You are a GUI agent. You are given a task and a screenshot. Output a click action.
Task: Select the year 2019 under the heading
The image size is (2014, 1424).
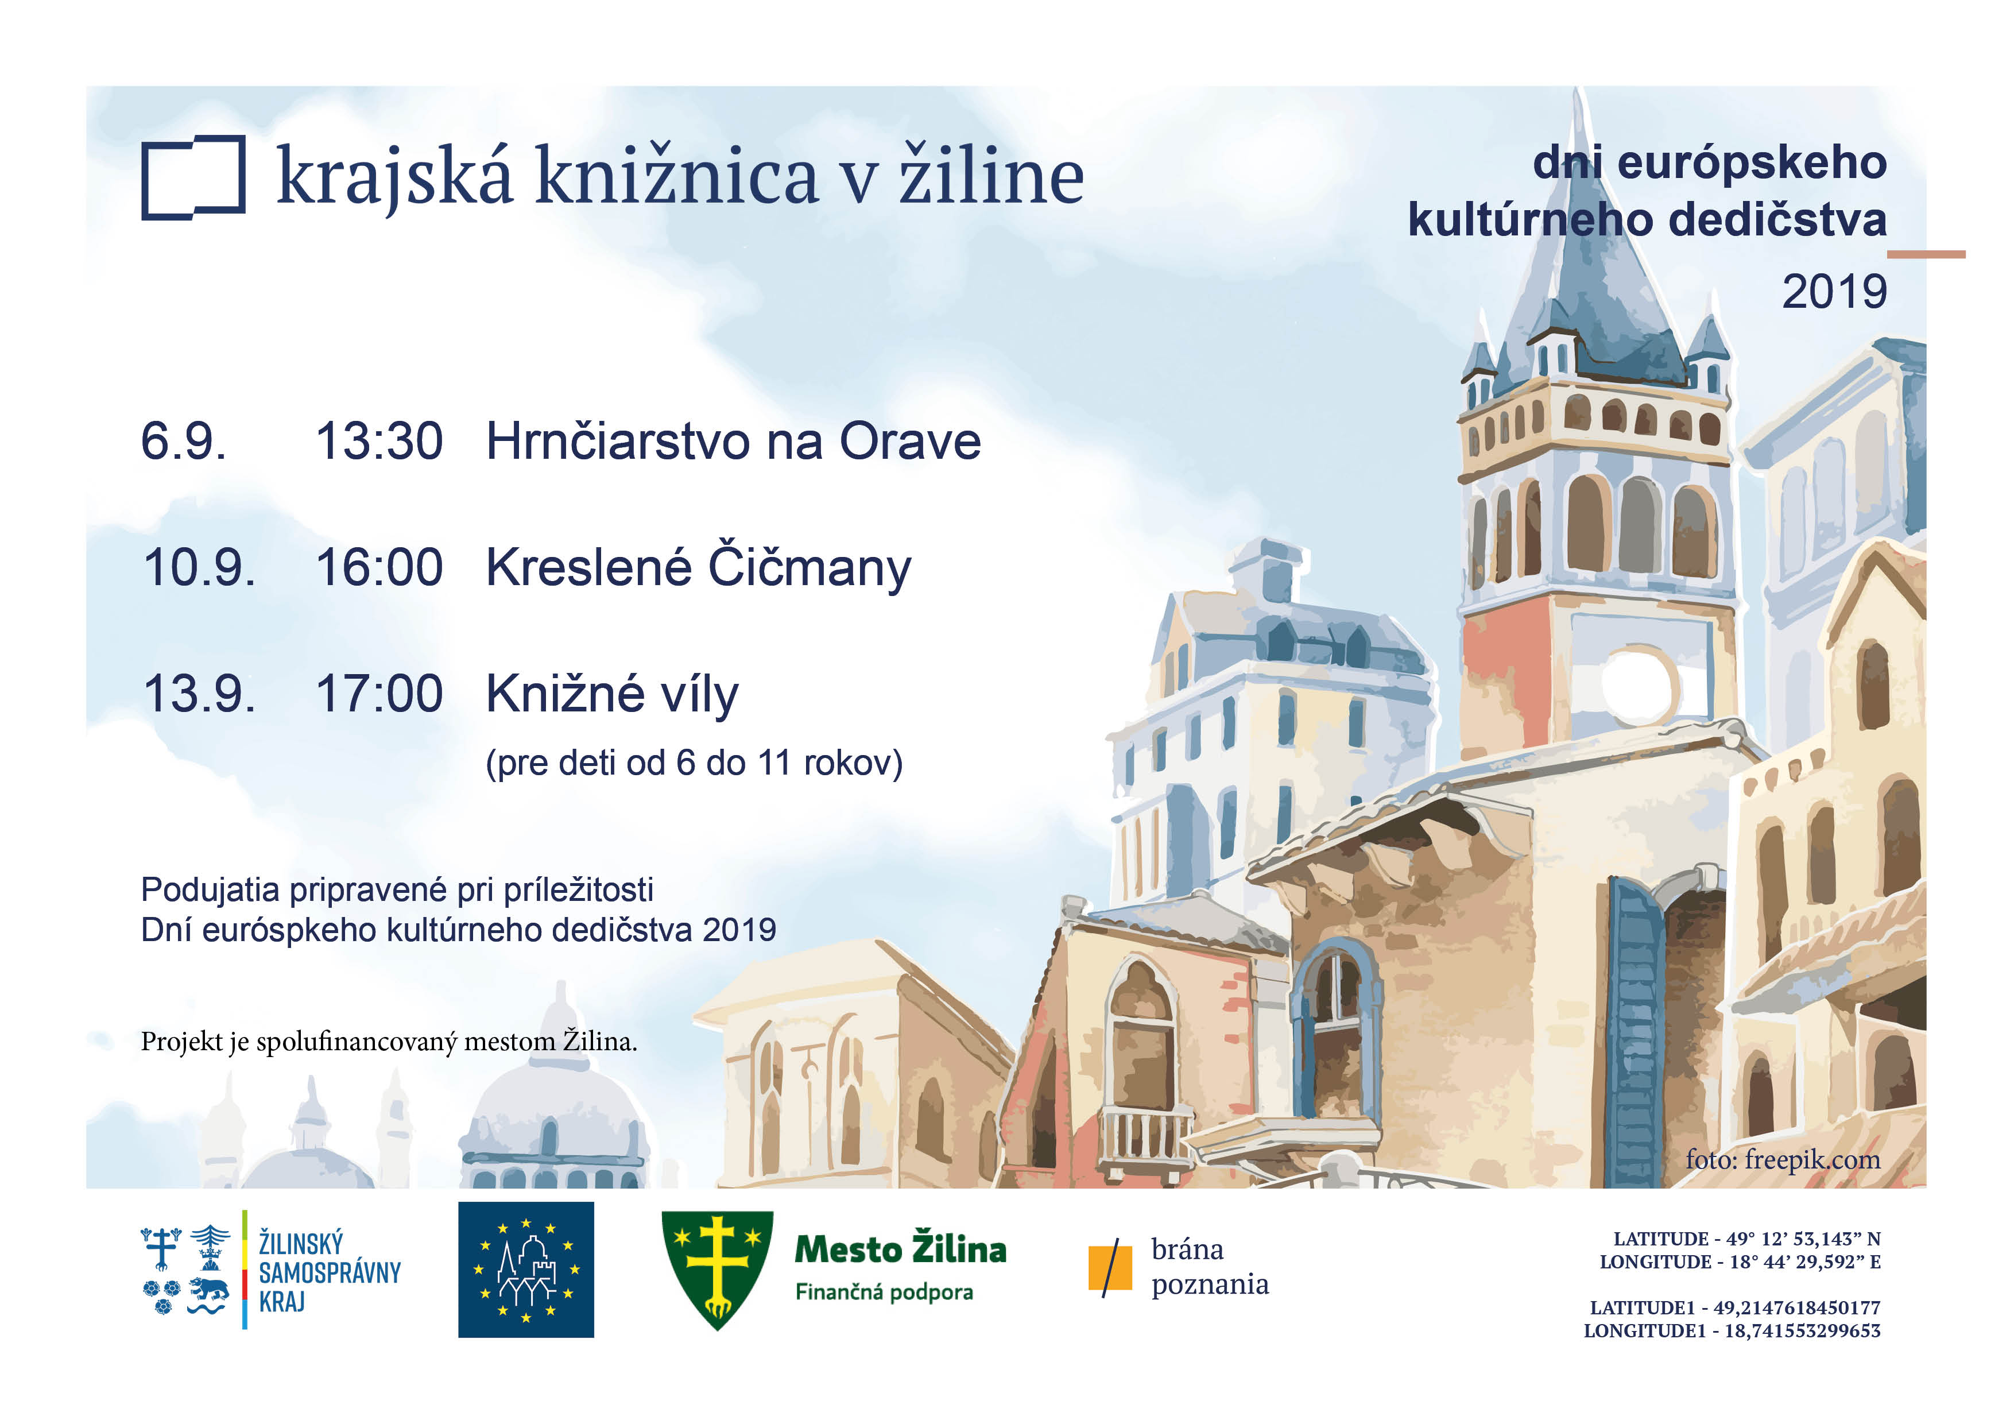pos(1834,292)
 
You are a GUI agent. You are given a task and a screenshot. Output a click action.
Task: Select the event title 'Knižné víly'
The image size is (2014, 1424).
pos(612,695)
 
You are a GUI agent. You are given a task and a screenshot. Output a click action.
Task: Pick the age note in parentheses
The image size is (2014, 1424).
pos(694,763)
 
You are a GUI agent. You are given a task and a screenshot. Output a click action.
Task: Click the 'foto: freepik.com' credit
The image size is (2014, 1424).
pos(1783,1160)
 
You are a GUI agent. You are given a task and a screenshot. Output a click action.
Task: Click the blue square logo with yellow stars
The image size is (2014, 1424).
pos(525,1270)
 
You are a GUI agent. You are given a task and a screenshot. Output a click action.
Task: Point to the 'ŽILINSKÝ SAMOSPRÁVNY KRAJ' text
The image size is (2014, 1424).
pos(330,1271)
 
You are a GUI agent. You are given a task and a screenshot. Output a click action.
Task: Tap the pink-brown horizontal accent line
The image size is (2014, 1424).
pos(1926,254)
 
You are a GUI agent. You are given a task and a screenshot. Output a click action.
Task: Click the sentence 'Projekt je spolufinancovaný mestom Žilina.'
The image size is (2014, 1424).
pos(389,1042)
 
